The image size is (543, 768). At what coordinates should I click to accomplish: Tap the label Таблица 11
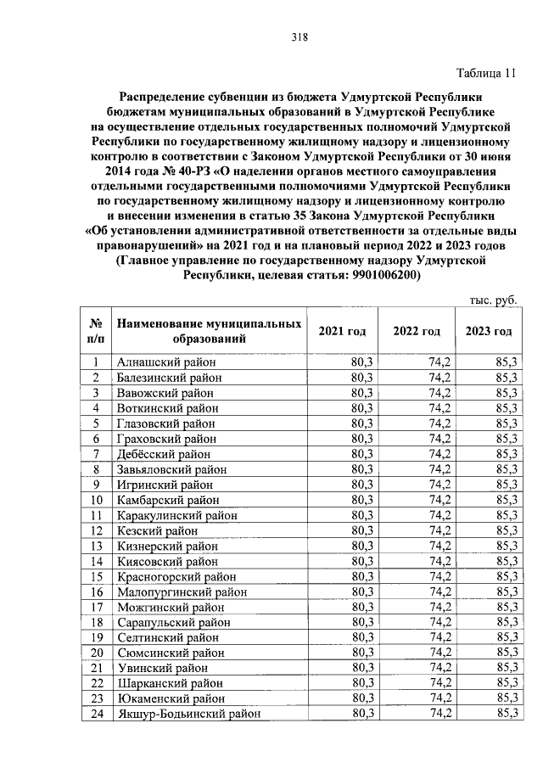pyautogui.click(x=485, y=72)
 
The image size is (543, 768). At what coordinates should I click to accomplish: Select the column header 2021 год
pyautogui.click(x=342, y=331)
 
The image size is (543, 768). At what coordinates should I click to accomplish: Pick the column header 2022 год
pyautogui.click(x=417, y=331)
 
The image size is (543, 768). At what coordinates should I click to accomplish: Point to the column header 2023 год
pyautogui.click(x=489, y=331)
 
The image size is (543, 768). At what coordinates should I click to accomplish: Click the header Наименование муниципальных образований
pyautogui.click(x=209, y=331)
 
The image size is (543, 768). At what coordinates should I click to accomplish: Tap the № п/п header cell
pyautogui.click(x=96, y=331)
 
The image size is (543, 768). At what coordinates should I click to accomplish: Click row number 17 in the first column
pyautogui.click(x=96, y=607)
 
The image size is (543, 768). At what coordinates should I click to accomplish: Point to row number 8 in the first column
pyautogui.click(x=96, y=469)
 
